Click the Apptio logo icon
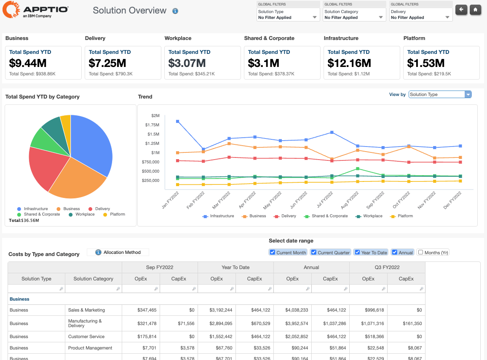(x=11, y=10)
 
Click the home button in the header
(x=475, y=9)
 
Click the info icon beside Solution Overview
(x=175, y=11)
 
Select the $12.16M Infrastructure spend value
(x=349, y=63)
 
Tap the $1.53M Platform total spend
(x=425, y=63)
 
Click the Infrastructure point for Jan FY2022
(x=178, y=121)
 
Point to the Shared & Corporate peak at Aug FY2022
(x=358, y=169)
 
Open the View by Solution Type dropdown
(x=440, y=95)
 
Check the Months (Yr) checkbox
(x=420, y=252)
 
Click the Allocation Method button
(x=118, y=252)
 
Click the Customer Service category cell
(x=86, y=336)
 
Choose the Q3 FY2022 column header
(x=387, y=267)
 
